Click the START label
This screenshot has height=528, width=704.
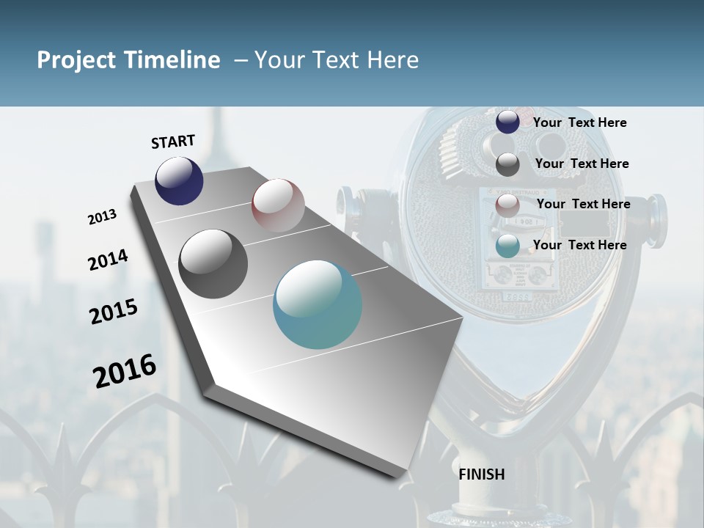(x=173, y=142)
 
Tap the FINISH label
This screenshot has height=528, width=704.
(x=482, y=474)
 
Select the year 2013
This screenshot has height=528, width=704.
(x=103, y=217)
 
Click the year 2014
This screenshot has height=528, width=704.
(x=108, y=260)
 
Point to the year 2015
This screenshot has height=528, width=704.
(x=114, y=311)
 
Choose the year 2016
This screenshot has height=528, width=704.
(x=125, y=370)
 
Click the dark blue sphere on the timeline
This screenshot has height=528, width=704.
(x=179, y=180)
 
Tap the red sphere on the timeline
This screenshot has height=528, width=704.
(x=278, y=205)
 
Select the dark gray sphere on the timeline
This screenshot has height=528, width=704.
(x=213, y=264)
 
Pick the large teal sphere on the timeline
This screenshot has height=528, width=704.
(x=318, y=304)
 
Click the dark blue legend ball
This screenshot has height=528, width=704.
(x=507, y=122)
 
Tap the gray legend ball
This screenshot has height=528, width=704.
(x=507, y=164)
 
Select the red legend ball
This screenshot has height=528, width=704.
(x=507, y=205)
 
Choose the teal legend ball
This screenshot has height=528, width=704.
(x=507, y=246)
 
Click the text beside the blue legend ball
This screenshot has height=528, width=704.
(x=580, y=122)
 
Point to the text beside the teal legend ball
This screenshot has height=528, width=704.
(x=580, y=245)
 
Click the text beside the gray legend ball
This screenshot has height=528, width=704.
(x=582, y=164)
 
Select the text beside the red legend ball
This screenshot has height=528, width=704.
(x=584, y=204)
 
